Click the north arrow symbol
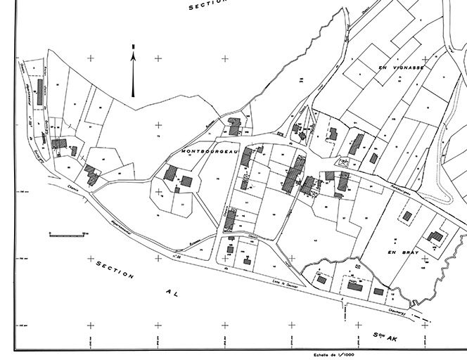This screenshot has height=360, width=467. (x=134, y=70)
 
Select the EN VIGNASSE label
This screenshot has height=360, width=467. (x=399, y=67)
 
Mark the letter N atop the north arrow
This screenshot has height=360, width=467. (x=134, y=47)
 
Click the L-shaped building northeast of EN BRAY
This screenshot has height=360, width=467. (x=436, y=237)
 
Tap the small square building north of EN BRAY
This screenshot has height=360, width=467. (x=407, y=215)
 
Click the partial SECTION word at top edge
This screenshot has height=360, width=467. (x=209, y=6)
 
